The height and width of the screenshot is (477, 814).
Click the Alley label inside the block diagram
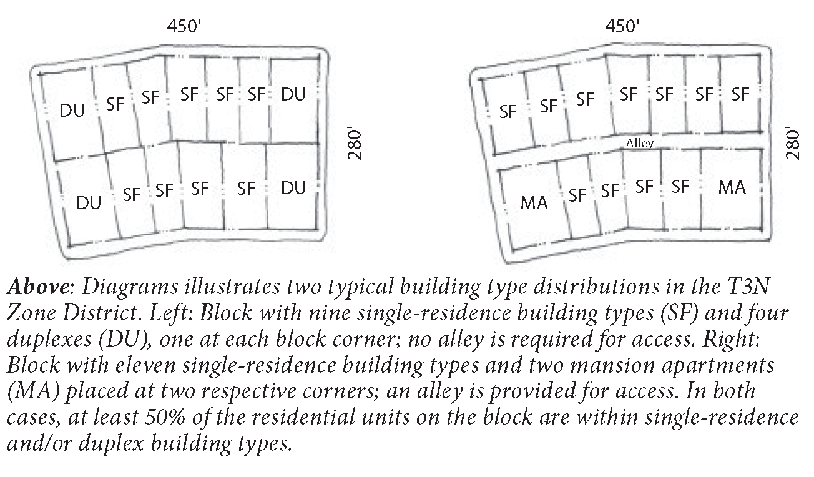[x=640, y=144]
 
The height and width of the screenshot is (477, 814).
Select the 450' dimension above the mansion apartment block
[x=622, y=26]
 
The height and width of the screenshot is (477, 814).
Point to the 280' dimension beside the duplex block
[x=355, y=144]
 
